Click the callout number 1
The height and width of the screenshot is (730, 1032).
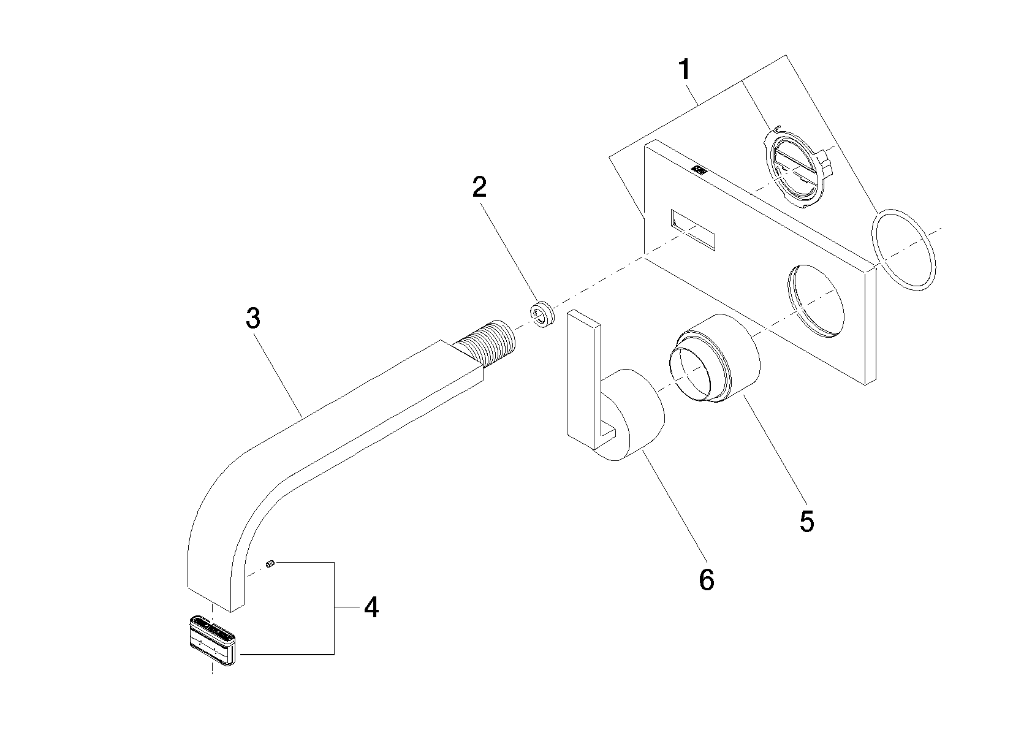[685, 70]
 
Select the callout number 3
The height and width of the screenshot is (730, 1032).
[252, 318]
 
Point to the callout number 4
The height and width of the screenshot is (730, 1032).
[370, 607]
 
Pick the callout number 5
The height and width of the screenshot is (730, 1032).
[806, 521]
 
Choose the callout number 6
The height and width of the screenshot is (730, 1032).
[706, 579]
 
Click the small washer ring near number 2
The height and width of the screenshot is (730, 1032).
[542, 314]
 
